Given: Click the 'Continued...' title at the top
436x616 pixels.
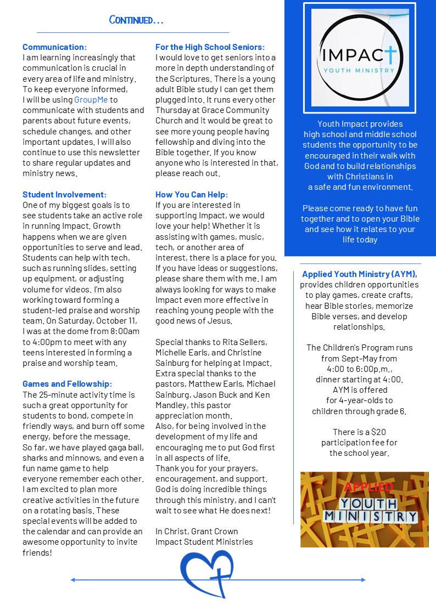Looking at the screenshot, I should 136,20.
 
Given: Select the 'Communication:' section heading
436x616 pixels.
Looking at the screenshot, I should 54,47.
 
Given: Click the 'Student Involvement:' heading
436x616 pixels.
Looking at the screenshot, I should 64,195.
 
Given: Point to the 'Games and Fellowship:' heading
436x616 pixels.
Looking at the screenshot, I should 67,384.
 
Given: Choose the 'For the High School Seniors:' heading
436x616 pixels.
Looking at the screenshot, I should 210,47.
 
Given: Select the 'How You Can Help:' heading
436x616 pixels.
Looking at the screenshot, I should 191,195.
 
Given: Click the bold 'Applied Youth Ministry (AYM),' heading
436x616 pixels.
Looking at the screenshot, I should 360,274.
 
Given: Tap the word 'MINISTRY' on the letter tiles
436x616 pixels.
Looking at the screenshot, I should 371,516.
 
